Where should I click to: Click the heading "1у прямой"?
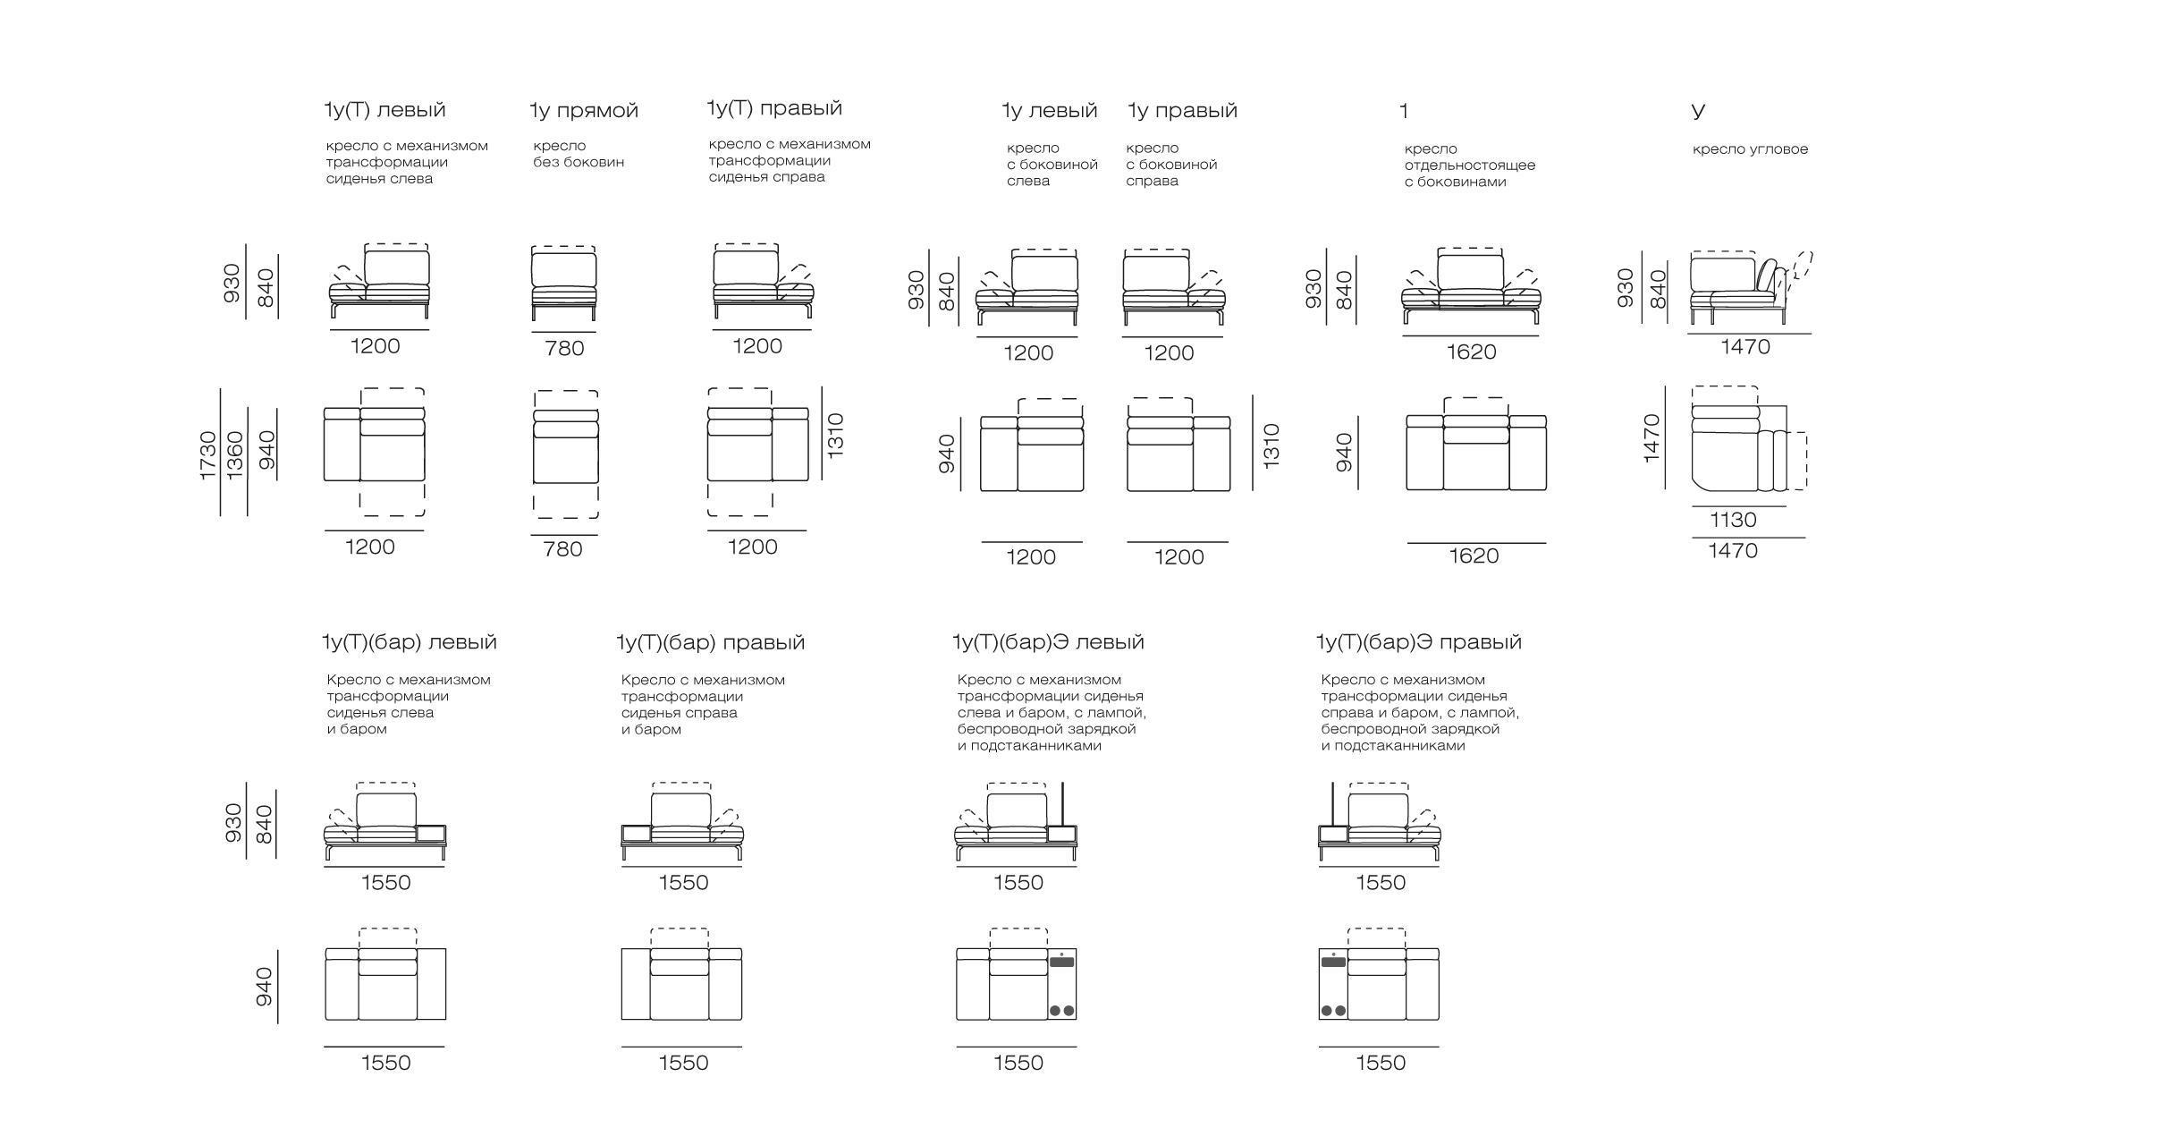[x=584, y=111]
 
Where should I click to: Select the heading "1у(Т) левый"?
[x=384, y=110]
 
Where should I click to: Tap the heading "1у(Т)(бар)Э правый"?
[x=1418, y=642]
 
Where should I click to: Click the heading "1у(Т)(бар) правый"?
[x=711, y=642]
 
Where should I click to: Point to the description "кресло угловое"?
[x=1750, y=149]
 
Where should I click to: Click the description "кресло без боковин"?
[x=579, y=154]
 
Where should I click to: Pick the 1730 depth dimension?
[x=207, y=455]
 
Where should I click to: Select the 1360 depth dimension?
[x=234, y=455]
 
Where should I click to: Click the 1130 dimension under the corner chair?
[x=1733, y=520]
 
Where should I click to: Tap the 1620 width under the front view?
[x=1471, y=352]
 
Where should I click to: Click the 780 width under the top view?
[x=562, y=549]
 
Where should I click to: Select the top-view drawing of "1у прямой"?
[x=566, y=454]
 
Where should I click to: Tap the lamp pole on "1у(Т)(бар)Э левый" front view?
[x=1062, y=804]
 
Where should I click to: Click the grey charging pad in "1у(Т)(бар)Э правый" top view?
[x=1333, y=962]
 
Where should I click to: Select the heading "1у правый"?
[x=1182, y=111]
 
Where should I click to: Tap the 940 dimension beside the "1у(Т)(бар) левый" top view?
[x=264, y=987]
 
